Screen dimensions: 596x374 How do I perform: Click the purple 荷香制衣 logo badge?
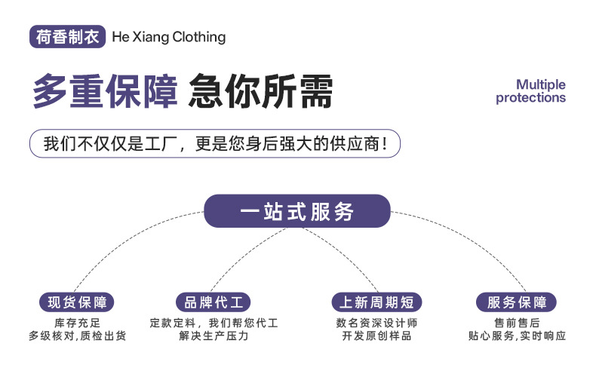(67, 37)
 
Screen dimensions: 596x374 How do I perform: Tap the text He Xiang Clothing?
(169, 37)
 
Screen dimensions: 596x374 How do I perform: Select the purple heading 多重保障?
(105, 91)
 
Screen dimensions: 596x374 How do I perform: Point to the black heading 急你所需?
(260, 91)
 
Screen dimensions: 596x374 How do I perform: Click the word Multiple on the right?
(540, 84)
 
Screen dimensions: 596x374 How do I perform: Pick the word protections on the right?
(530, 98)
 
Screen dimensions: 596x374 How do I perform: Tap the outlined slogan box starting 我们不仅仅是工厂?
(215, 144)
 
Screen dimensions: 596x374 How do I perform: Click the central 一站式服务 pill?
(297, 211)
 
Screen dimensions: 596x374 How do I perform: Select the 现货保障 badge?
(77, 302)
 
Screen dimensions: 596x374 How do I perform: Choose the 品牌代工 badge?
(214, 302)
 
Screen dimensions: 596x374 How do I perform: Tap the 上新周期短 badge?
(376, 302)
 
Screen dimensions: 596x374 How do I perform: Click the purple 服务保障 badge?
(516, 302)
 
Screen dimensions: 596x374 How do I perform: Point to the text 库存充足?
(77, 323)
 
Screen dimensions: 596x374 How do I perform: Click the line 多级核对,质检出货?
(77, 336)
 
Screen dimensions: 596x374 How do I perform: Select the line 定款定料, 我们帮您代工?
(214, 323)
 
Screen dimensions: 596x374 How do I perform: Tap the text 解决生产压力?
(214, 336)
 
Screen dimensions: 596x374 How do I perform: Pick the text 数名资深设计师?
(376, 323)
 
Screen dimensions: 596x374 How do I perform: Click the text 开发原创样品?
(376, 336)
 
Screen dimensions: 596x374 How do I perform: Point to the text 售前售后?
(517, 323)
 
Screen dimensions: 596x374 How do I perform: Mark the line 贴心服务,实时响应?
(517, 336)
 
